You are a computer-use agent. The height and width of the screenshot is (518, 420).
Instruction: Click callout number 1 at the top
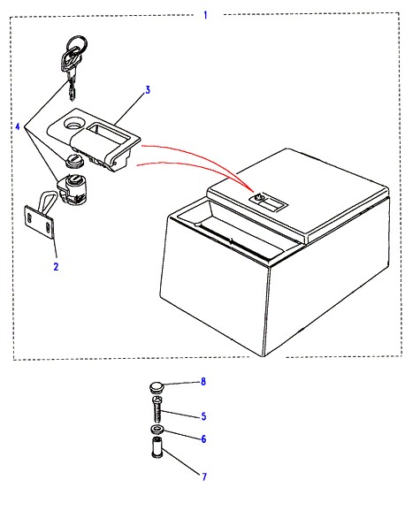pos(205,15)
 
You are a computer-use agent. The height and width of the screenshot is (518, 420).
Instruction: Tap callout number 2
pos(56,266)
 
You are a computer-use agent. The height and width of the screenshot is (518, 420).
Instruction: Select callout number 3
pos(148,90)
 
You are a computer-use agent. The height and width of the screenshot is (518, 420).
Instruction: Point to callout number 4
pos(18,126)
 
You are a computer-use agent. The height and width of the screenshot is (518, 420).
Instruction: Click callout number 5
pos(203,416)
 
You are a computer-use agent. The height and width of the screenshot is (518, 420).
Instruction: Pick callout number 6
pos(203,439)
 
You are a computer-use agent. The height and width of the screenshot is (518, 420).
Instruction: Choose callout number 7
pos(204,476)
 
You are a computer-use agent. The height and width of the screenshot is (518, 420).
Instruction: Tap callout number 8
pos(203,382)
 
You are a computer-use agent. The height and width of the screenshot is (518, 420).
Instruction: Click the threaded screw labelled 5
pos(157,409)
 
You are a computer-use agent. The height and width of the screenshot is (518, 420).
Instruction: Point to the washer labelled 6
pos(157,430)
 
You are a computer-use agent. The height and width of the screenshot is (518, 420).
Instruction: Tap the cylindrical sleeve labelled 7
pos(157,447)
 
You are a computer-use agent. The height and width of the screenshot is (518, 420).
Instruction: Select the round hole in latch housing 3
pos(74,124)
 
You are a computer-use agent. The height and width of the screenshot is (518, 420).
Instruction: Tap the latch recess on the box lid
pos(269,202)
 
